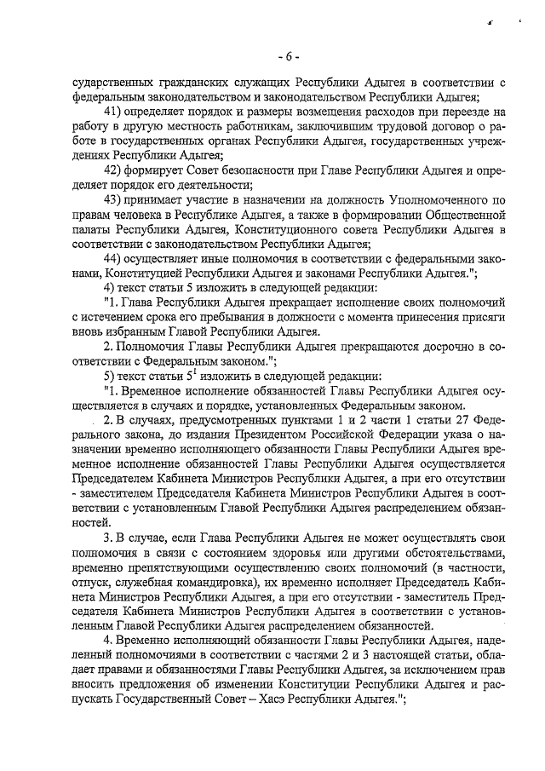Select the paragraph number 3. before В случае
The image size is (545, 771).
(107, 538)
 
